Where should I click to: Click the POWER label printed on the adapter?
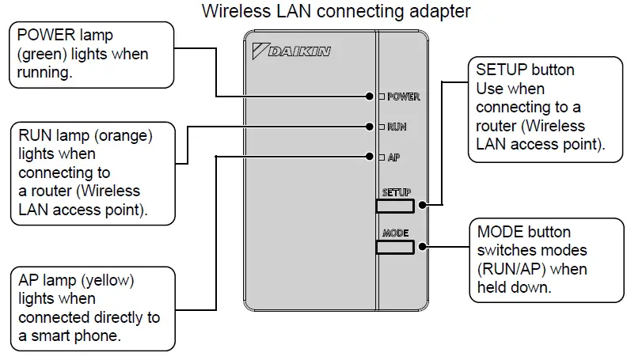[403, 97]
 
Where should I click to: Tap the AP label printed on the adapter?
[393, 157]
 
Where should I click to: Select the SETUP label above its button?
[395, 192]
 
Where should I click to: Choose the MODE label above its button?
[395, 233]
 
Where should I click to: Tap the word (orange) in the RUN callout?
[123, 135]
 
